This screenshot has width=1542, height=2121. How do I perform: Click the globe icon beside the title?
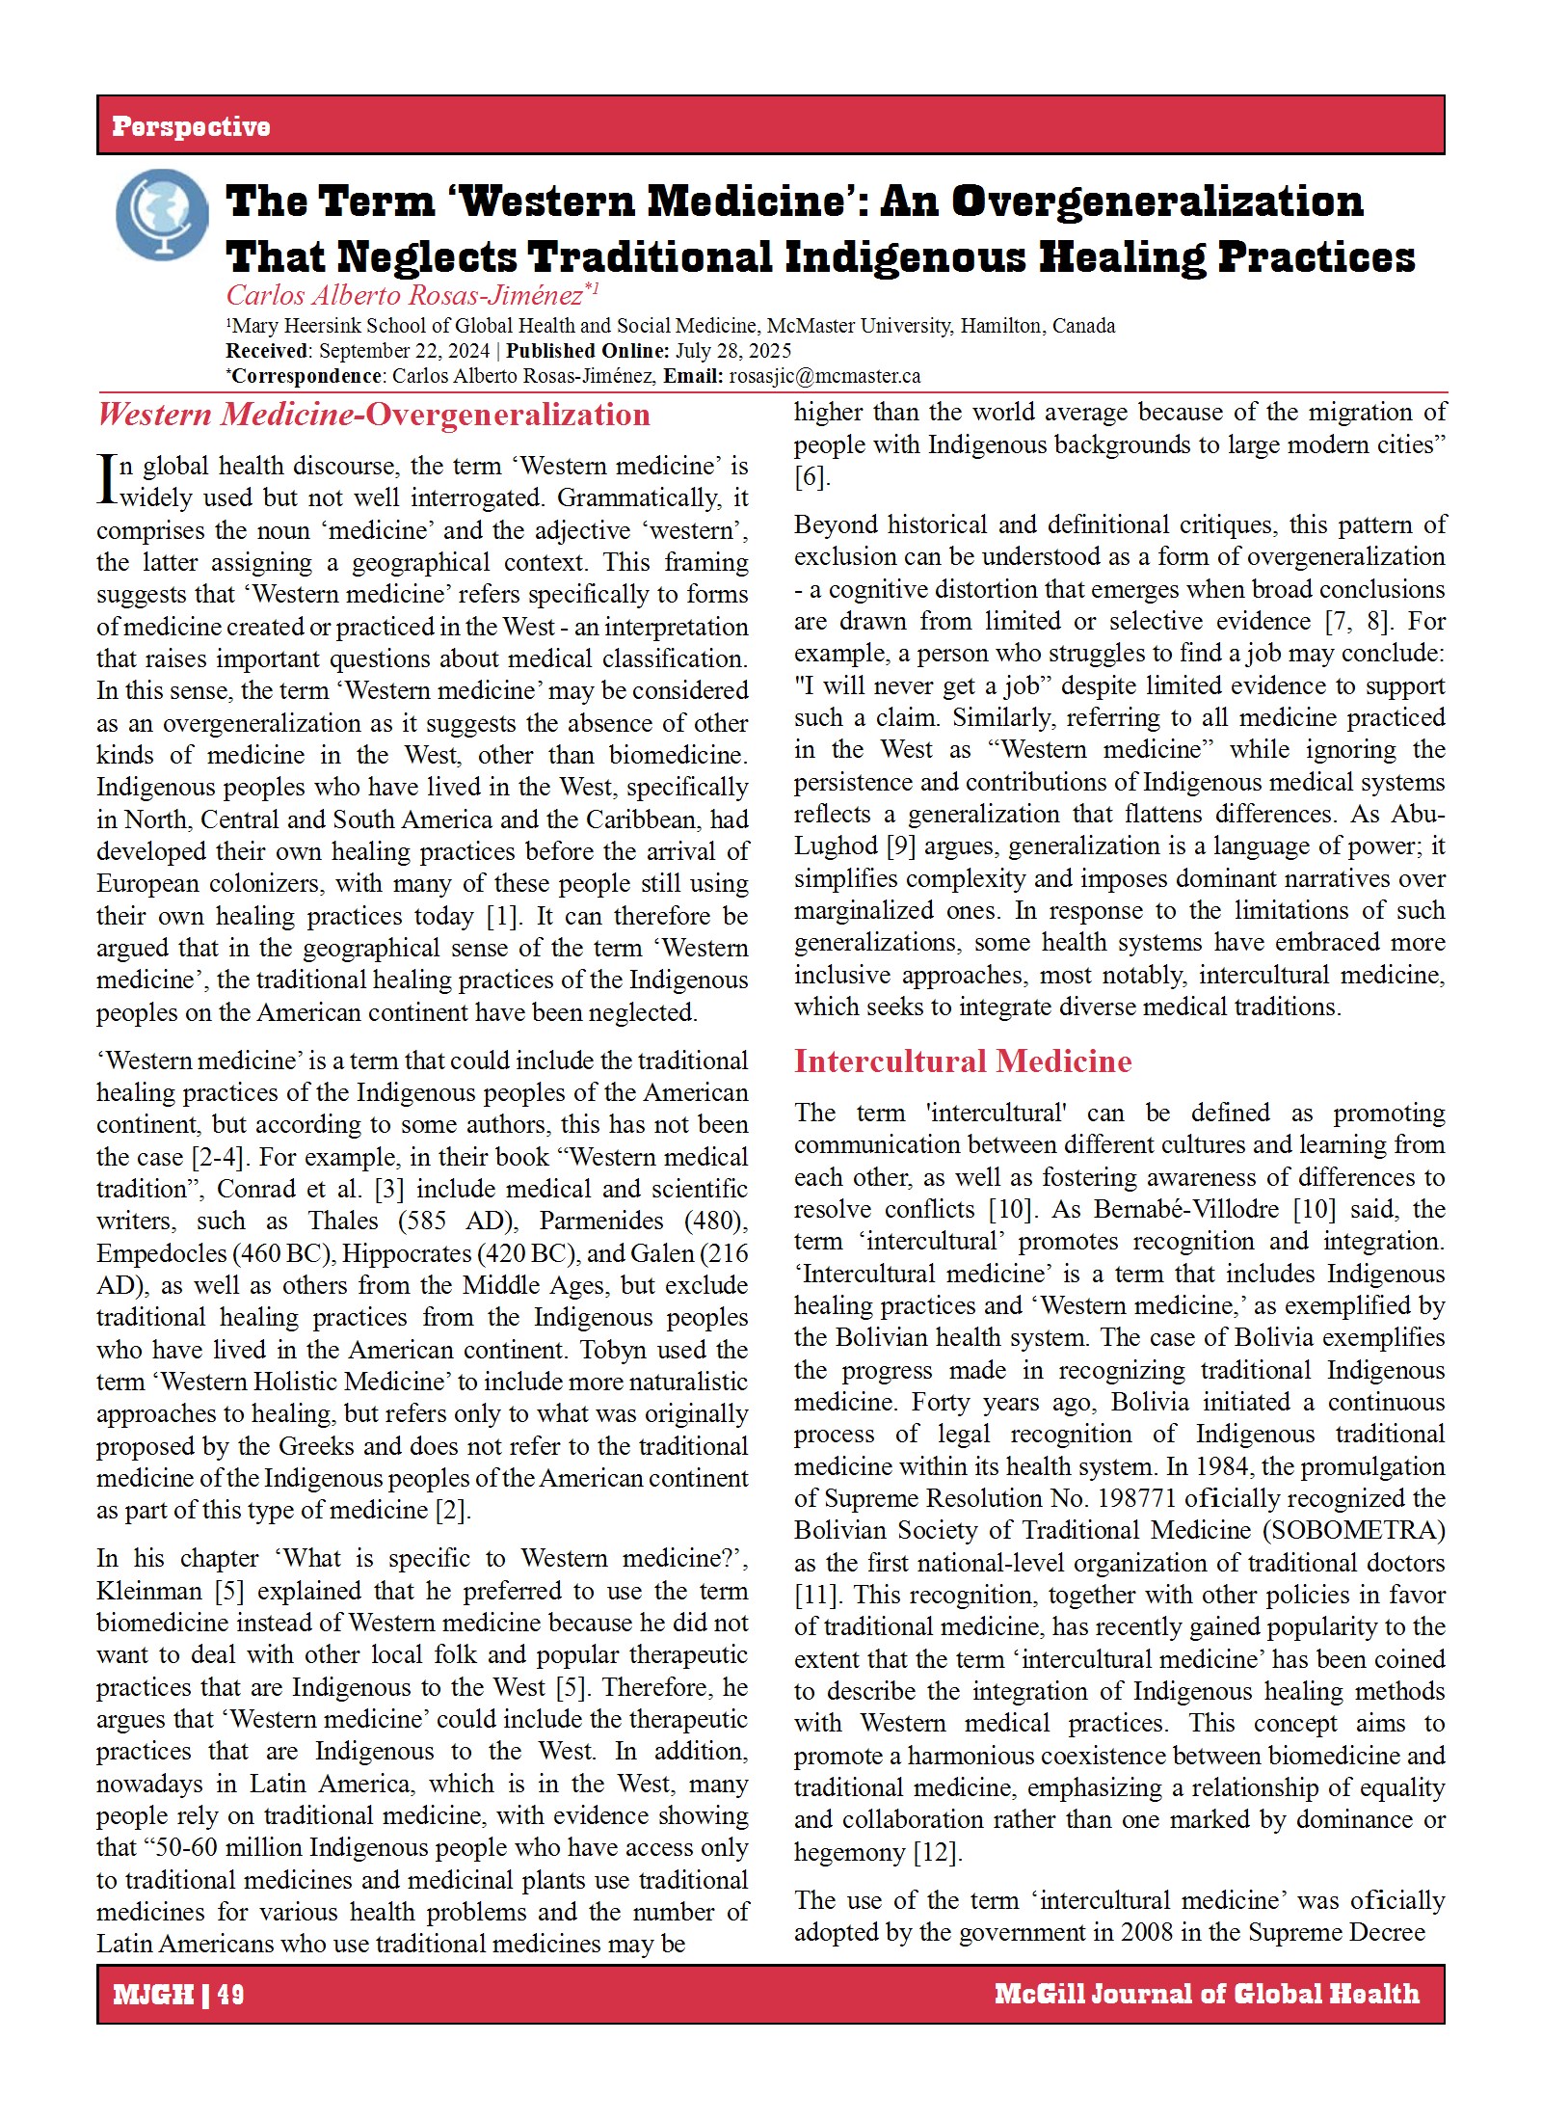click(x=161, y=214)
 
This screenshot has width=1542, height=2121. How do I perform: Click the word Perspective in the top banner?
click(x=191, y=126)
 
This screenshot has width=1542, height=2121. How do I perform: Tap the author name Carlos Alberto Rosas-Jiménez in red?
click(x=405, y=295)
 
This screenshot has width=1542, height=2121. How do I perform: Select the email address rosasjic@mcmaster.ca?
click(x=824, y=376)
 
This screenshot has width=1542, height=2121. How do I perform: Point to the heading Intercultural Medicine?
click(x=962, y=1060)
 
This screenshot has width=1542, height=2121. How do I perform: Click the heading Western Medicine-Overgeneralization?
click(x=373, y=415)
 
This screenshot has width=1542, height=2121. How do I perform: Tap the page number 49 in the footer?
click(x=231, y=1994)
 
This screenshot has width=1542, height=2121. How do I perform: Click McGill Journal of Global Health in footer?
click(x=1207, y=1994)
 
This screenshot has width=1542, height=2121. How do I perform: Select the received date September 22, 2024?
click(x=404, y=351)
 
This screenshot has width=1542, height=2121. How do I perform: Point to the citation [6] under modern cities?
click(x=811, y=476)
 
